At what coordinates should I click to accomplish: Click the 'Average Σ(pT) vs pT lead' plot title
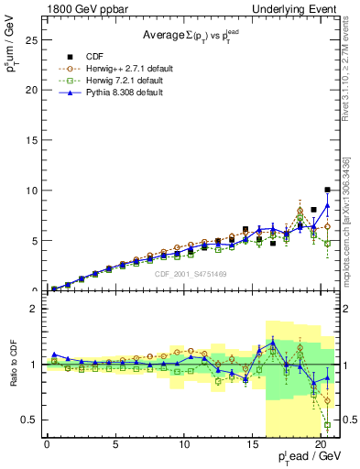point(190,37)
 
